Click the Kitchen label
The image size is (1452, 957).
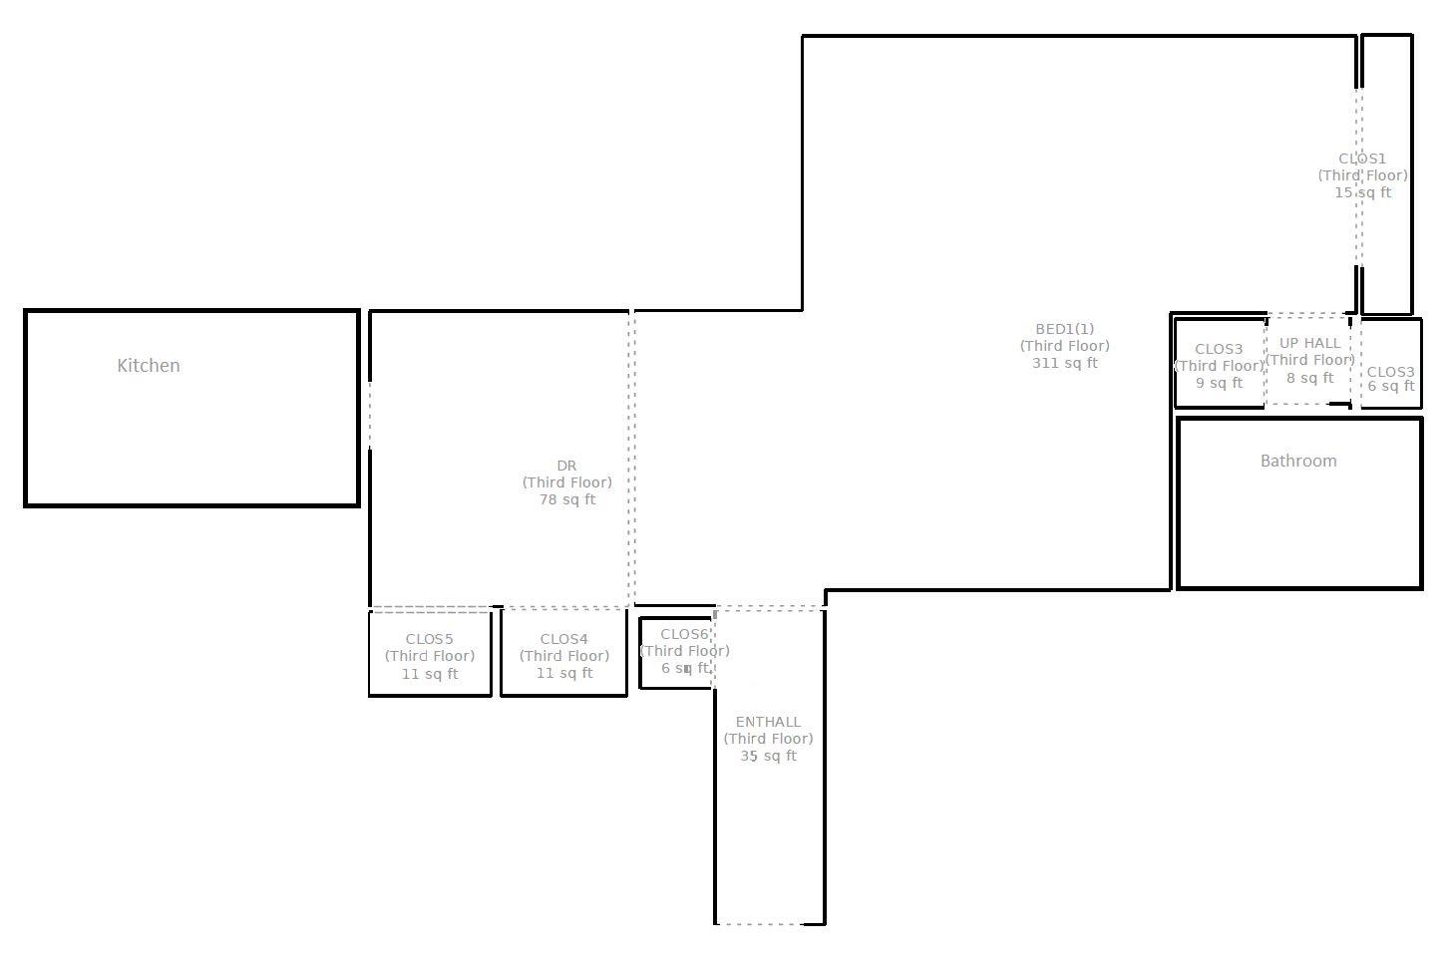click(x=149, y=366)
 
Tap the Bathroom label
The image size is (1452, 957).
click(x=1297, y=461)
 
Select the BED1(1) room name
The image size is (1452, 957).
click(x=1064, y=329)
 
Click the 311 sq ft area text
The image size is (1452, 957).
click(x=1064, y=363)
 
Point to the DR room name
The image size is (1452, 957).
click(x=566, y=466)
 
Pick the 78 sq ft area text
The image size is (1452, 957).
click(x=566, y=499)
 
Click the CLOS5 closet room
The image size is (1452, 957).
click(x=430, y=654)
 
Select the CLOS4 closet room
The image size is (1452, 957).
click(x=563, y=654)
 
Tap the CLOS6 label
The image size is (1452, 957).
click(x=684, y=634)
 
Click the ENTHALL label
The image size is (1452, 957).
click(x=768, y=722)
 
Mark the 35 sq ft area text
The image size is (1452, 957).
click(x=768, y=756)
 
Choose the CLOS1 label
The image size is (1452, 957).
click(x=1362, y=159)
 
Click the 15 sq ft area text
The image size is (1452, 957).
click(x=1362, y=192)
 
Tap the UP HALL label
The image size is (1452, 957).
click(x=1309, y=343)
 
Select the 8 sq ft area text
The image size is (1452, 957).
click(x=1309, y=378)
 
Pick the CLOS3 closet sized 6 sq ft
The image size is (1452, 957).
click(x=1390, y=379)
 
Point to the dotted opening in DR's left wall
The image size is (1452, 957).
click(x=370, y=415)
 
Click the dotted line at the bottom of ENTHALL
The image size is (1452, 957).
click(x=760, y=924)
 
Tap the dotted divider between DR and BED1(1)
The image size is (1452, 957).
click(x=631, y=459)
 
